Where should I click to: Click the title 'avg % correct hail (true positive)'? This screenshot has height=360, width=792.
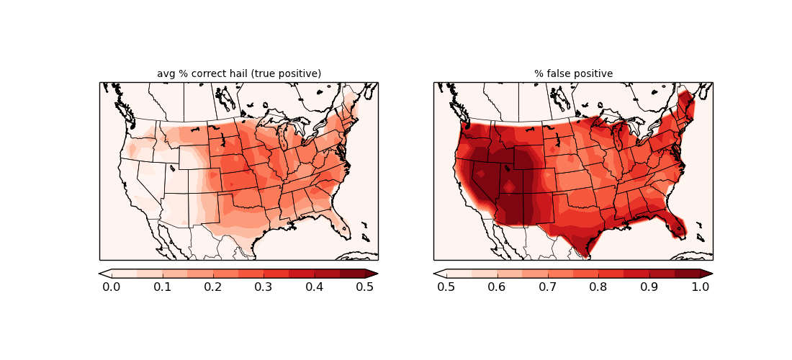(239, 73)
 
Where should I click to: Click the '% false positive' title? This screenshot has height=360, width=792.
(573, 73)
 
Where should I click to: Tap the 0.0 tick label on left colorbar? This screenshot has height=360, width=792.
(112, 287)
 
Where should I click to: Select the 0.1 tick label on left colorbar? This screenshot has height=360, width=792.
(162, 287)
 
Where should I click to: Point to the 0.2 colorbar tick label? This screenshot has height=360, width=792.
(212, 287)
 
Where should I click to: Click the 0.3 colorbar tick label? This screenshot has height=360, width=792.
(264, 287)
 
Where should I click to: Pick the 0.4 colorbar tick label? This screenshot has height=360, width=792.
(314, 287)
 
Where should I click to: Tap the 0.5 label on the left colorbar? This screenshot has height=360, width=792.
(365, 287)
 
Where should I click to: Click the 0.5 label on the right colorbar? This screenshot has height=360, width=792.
(446, 287)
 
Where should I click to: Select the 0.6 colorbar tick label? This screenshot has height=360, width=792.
(497, 287)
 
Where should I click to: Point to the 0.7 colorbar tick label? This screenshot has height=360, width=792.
(547, 287)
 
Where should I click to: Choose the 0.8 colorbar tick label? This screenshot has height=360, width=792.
(598, 287)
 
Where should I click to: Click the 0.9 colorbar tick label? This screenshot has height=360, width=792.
(649, 287)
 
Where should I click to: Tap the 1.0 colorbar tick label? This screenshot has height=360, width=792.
(700, 287)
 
